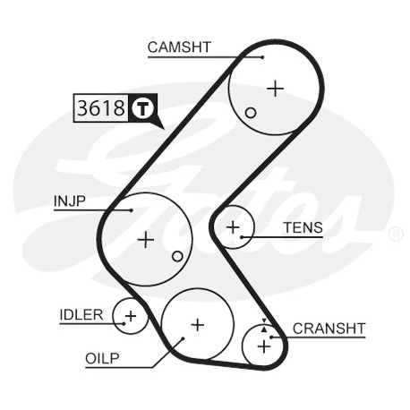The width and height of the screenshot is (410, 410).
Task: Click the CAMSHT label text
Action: click(x=179, y=47)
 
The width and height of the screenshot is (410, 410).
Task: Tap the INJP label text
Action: click(x=70, y=201)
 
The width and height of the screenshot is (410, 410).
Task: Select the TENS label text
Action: click(x=303, y=227)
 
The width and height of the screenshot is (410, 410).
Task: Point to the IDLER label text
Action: click(x=81, y=315)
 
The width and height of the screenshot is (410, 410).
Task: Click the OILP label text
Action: click(x=102, y=358)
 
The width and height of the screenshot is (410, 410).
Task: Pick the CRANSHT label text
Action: click(x=329, y=329)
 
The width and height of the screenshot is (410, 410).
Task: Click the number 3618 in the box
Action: click(x=101, y=107)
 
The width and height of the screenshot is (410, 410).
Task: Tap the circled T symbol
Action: click(x=142, y=107)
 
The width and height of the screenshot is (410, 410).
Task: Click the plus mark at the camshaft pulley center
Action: click(x=275, y=89)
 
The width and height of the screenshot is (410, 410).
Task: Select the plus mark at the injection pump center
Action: click(x=146, y=239)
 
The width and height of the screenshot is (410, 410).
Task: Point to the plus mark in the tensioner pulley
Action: click(x=233, y=227)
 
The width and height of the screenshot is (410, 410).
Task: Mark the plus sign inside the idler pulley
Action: click(x=131, y=316)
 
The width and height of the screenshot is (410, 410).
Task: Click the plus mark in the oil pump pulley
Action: click(x=198, y=325)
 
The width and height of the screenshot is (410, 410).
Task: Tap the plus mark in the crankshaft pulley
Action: click(x=264, y=346)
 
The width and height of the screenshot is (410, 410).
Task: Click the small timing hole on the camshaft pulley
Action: click(x=251, y=113)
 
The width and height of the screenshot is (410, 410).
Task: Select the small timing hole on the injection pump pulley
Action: click(x=177, y=256)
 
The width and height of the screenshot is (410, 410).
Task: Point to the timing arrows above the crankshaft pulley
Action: click(x=264, y=325)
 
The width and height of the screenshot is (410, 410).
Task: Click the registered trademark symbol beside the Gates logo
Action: click(x=397, y=235)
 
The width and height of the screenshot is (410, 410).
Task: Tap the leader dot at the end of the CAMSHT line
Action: click(x=262, y=57)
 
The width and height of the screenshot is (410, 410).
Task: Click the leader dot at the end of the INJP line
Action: click(x=132, y=210)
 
